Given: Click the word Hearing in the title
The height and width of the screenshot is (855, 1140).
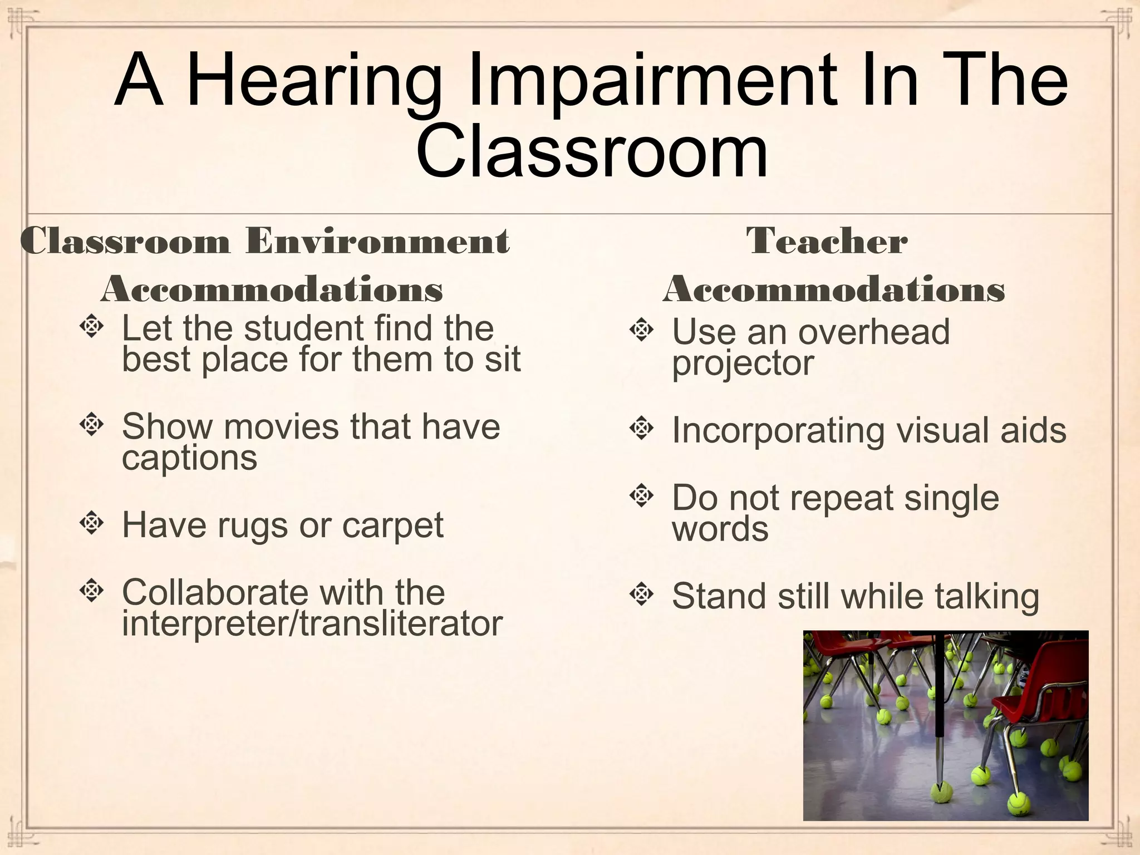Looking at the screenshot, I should coord(315,81).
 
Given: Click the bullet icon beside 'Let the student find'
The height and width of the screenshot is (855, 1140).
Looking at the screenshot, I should coord(91,327).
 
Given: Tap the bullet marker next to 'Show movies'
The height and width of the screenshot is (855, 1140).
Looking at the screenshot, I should coord(91,425).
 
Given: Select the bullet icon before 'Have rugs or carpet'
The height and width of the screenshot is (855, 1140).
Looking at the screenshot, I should coord(91,523).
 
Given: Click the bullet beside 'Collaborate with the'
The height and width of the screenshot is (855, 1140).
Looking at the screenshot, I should coord(91,591).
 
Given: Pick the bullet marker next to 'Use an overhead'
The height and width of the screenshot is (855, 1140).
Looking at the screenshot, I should coord(641,330).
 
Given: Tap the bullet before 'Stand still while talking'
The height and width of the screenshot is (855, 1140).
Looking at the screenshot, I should coord(641,594).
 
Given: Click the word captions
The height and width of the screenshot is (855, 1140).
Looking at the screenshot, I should coord(189,459).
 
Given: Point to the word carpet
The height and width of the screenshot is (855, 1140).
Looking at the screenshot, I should coord(392,525).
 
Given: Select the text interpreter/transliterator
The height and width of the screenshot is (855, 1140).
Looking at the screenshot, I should coord(312,623).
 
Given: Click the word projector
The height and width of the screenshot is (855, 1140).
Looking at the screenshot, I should coord(743,364).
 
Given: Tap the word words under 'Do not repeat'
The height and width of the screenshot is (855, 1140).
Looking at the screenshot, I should coord(720,529).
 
